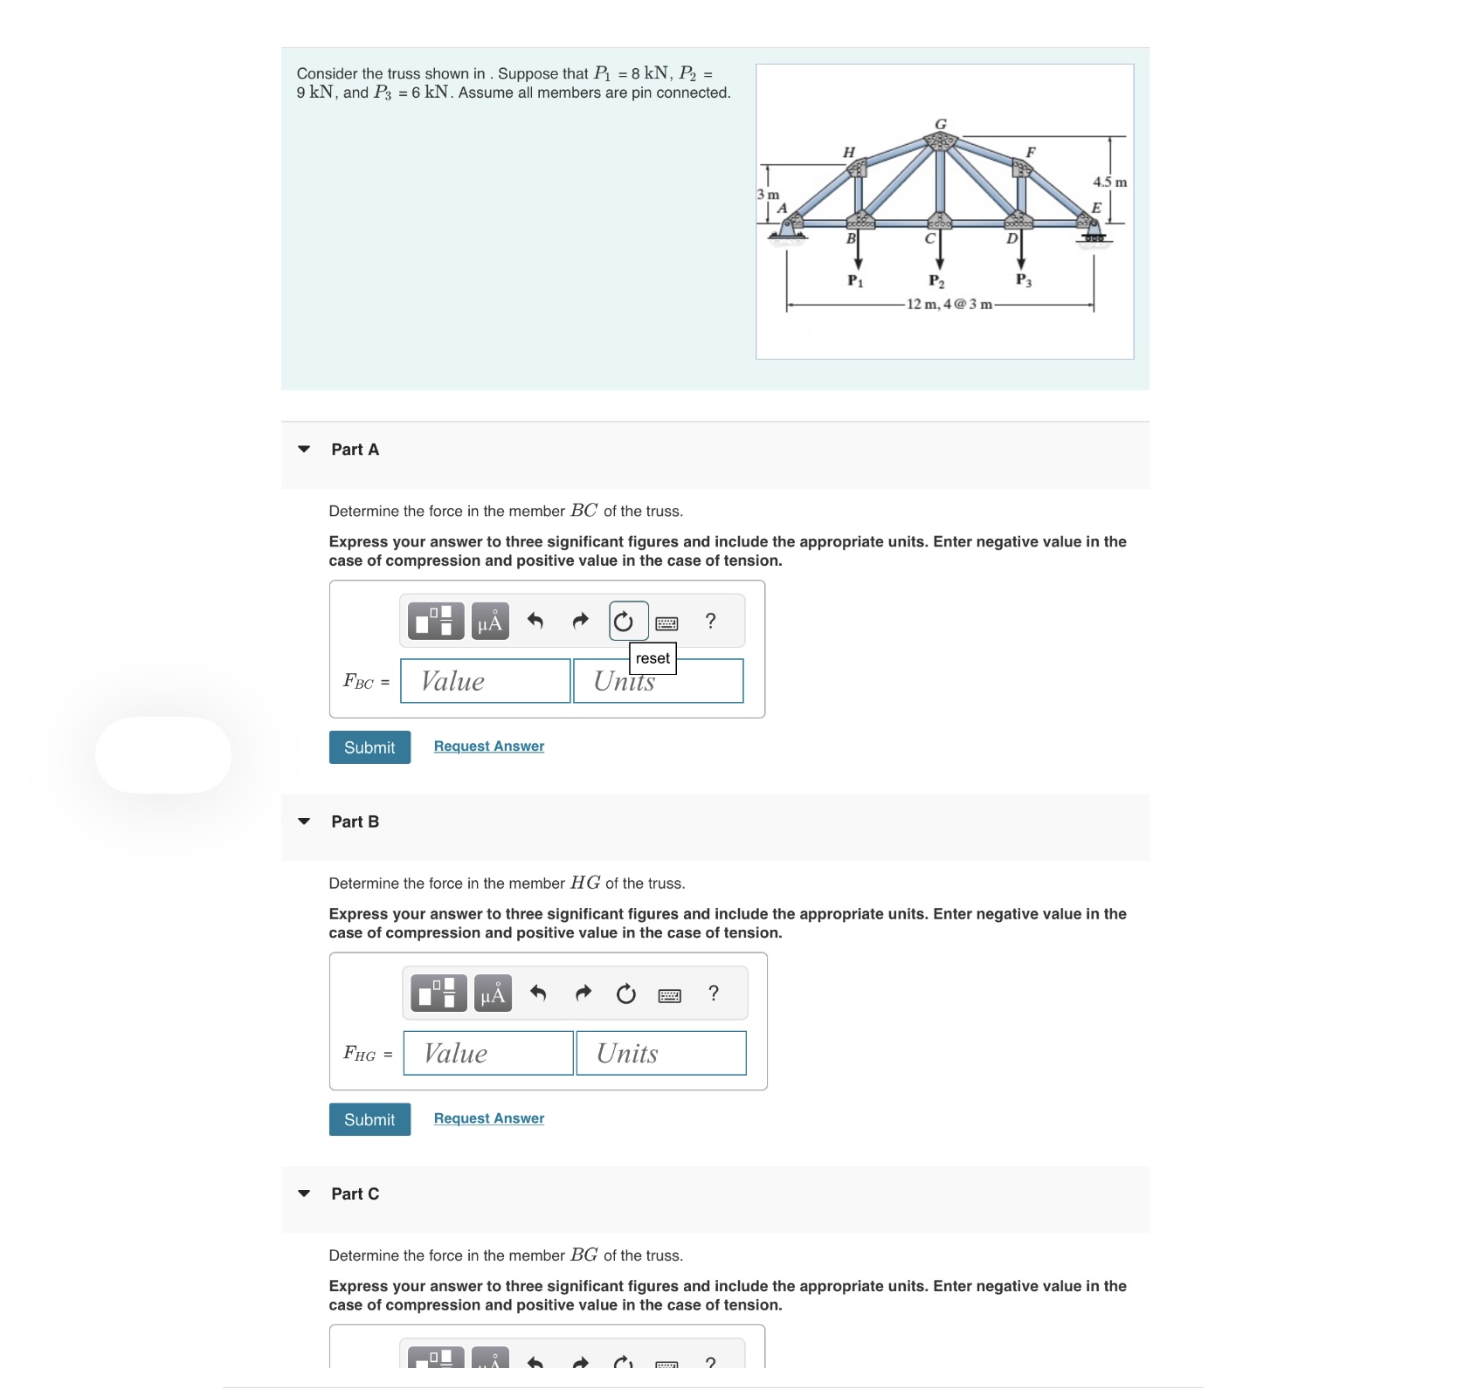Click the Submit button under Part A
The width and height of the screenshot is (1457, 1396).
pos(369,747)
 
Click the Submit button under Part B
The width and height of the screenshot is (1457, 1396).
pos(369,1119)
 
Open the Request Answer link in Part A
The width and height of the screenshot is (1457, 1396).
pos(488,746)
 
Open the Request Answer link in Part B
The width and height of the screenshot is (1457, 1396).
pos(488,1117)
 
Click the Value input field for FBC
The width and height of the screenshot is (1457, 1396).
pos(485,681)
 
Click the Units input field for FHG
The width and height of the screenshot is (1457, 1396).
pos(660,1053)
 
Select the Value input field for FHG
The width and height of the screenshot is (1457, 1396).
pos(487,1053)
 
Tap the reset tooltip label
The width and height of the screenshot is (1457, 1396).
pos(653,658)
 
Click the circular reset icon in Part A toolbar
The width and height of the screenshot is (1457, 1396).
pos(623,622)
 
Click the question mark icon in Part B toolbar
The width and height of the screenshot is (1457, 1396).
pos(714,994)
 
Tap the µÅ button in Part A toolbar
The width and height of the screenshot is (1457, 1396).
pos(490,622)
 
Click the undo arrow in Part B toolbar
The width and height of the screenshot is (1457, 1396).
pos(538,994)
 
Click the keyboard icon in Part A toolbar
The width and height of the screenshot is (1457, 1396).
pos(666,623)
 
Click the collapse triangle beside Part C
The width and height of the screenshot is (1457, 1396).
pos(304,1193)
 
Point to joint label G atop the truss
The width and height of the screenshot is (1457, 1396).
pos(941,124)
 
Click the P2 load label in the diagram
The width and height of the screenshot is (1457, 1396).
pos(936,281)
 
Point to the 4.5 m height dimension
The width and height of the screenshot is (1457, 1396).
pos(1109,182)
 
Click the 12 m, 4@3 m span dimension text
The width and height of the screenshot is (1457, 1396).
pos(949,304)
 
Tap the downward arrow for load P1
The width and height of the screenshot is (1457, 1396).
pos(858,253)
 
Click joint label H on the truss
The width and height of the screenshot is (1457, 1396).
pos(848,152)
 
